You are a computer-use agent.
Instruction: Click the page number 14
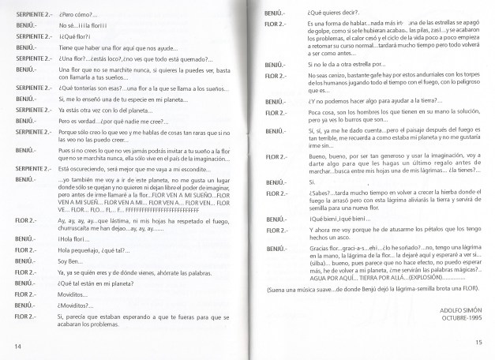17,346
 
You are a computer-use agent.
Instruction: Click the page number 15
478,342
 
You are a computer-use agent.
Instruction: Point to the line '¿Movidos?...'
77,304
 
